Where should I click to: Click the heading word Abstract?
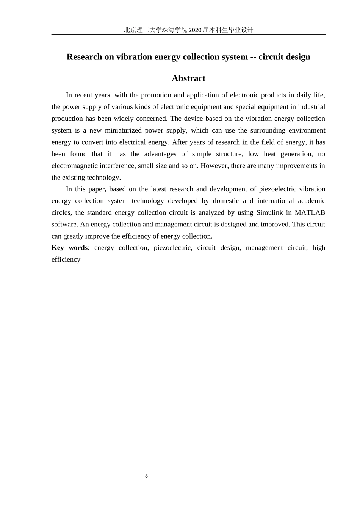point(188,78)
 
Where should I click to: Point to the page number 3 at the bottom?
point(146,476)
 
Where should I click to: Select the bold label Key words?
point(69,248)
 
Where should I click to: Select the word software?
point(64,224)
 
